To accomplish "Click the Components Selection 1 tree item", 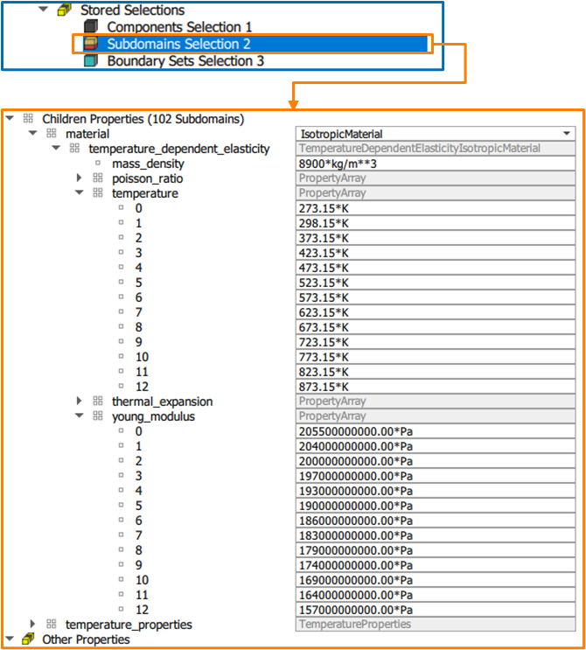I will (x=178, y=27).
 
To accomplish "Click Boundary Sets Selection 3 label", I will (x=185, y=61).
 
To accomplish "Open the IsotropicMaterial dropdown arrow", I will (x=568, y=134).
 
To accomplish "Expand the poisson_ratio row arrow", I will (x=80, y=178).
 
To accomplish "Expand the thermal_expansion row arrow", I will (x=80, y=402).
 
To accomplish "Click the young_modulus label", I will (x=153, y=416).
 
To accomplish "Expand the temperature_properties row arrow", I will (x=33, y=625).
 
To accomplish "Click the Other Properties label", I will (x=86, y=640).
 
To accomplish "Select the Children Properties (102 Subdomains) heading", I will (x=143, y=119).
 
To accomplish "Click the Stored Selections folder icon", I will (x=63, y=10).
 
